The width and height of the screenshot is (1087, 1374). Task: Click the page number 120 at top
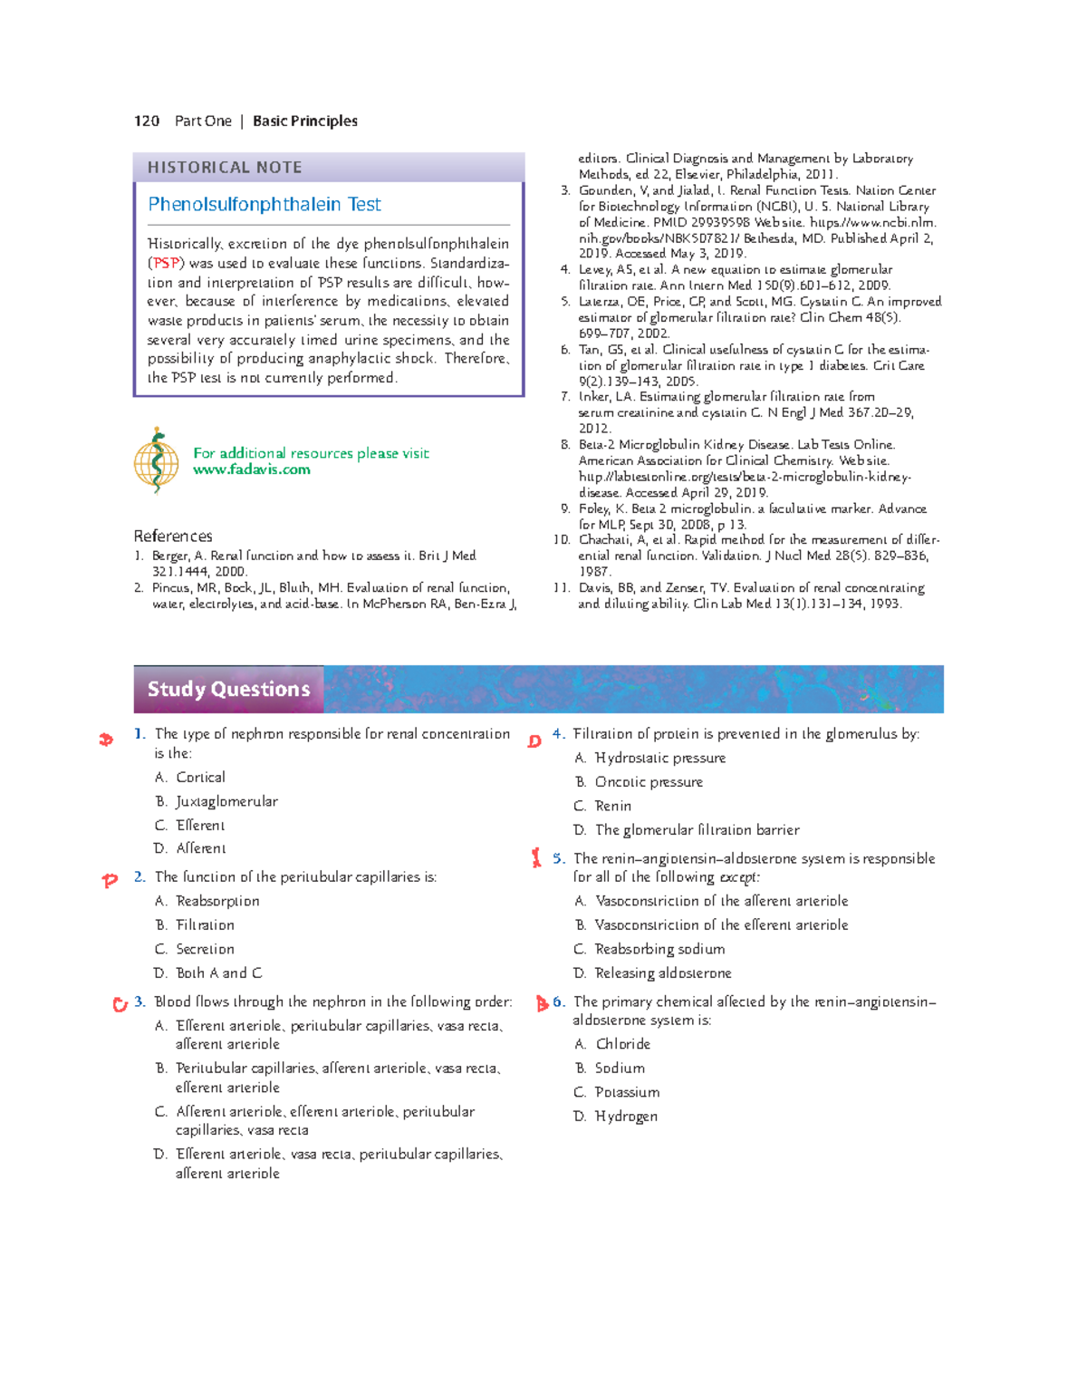click(147, 121)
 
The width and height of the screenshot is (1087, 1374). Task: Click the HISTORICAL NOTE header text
click(225, 168)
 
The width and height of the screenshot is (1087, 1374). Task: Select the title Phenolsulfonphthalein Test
click(265, 205)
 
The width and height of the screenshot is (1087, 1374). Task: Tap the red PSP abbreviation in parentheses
click(166, 264)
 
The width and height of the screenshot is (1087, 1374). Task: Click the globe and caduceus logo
click(157, 460)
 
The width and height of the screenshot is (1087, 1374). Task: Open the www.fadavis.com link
click(252, 469)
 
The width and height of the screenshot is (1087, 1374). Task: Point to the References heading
click(173, 537)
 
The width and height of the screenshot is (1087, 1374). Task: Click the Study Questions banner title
click(228, 690)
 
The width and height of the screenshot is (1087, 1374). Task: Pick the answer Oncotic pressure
click(648, 782)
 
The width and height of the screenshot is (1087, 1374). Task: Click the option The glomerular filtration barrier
click(697, 830)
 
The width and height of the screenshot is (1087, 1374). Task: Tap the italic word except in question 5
click(739, 877)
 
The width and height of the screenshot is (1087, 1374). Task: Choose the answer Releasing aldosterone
click(662, 973)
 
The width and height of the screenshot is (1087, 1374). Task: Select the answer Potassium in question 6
click(627, 1093)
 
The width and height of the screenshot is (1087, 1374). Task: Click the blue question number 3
click(139, 1002)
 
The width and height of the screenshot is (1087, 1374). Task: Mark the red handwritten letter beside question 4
click(534, 741)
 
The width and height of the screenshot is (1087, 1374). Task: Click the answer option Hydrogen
click(626, 1117)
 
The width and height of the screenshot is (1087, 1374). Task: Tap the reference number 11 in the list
click(562, 588)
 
